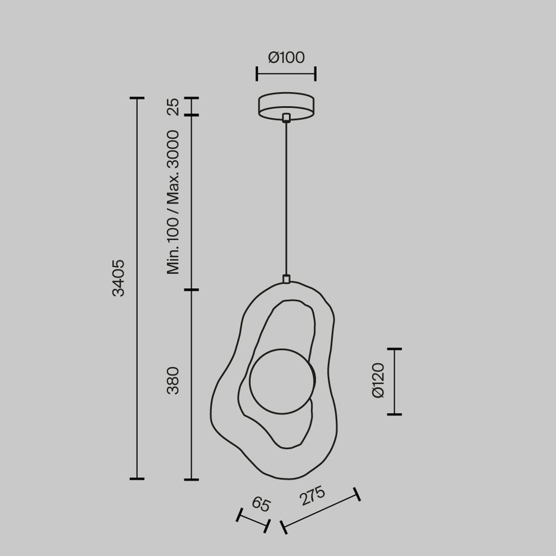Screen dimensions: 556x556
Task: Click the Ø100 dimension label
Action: click(x=286, y=58)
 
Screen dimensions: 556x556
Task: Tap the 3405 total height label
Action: click(x=118, y=277)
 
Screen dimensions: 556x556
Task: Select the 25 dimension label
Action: click(x=173, y=107)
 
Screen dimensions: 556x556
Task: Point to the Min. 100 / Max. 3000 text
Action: click(x=173, y=202)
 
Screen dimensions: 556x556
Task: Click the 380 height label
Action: click(x=173, y=381)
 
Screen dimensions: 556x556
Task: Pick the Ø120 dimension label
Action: click(x=378, y=381)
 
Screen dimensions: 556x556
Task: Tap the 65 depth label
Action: click(x=261, y=504)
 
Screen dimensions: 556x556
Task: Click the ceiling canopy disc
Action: click(x=286, y=107)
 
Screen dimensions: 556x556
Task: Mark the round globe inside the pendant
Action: click(x=282, y=381)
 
